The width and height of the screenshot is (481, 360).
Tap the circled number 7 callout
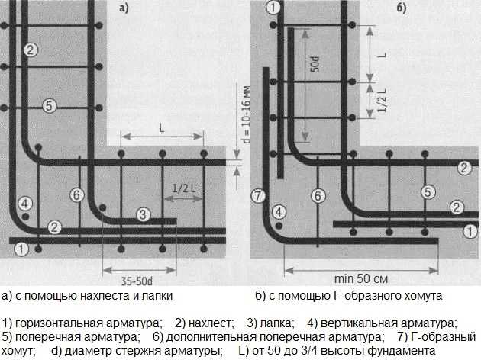(x=257, y=196)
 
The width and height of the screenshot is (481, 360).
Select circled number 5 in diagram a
(x=49, y=106)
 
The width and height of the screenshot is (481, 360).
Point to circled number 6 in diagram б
(x=318, y=196)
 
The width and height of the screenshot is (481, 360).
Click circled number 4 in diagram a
(x=25, y=204)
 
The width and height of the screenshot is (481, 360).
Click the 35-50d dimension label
(x=139, y=280)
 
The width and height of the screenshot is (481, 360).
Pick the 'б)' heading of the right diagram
(x=402, y=8)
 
